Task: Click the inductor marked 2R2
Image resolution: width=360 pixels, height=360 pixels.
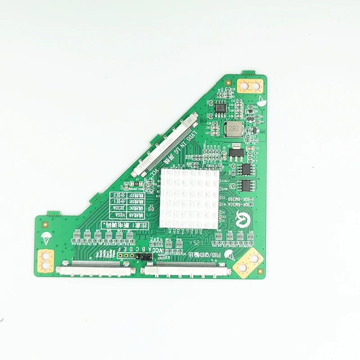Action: click(x=234, y=128)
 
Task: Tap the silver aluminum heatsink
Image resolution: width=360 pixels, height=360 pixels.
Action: click(x=190, y=198)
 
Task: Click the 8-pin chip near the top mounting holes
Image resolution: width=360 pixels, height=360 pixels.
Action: click(x=220, y=108)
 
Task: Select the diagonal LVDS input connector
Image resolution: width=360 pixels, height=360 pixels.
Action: click(x=166, y=144)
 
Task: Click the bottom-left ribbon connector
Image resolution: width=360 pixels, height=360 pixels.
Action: click(x=95, y=270)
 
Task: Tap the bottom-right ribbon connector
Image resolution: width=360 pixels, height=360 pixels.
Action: click(x=186, y=270)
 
